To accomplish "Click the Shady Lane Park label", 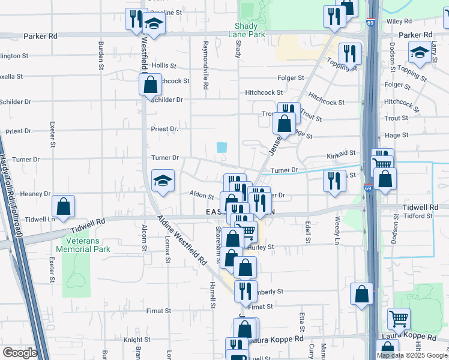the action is [x=250, y=31].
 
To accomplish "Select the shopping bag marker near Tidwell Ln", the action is [x=64, y=206].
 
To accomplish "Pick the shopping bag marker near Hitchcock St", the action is [x=150, y=84].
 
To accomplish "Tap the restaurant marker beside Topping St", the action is [x=349, y=53].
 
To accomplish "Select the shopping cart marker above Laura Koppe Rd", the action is [x=398, y=319].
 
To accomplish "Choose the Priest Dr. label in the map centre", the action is [x=164, y=128].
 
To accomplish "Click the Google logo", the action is [x=19, y=352].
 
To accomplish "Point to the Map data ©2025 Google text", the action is [x=412, y=355].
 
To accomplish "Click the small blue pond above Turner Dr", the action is [x=222, y=147].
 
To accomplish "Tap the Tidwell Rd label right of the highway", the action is [x=421, y=207].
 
